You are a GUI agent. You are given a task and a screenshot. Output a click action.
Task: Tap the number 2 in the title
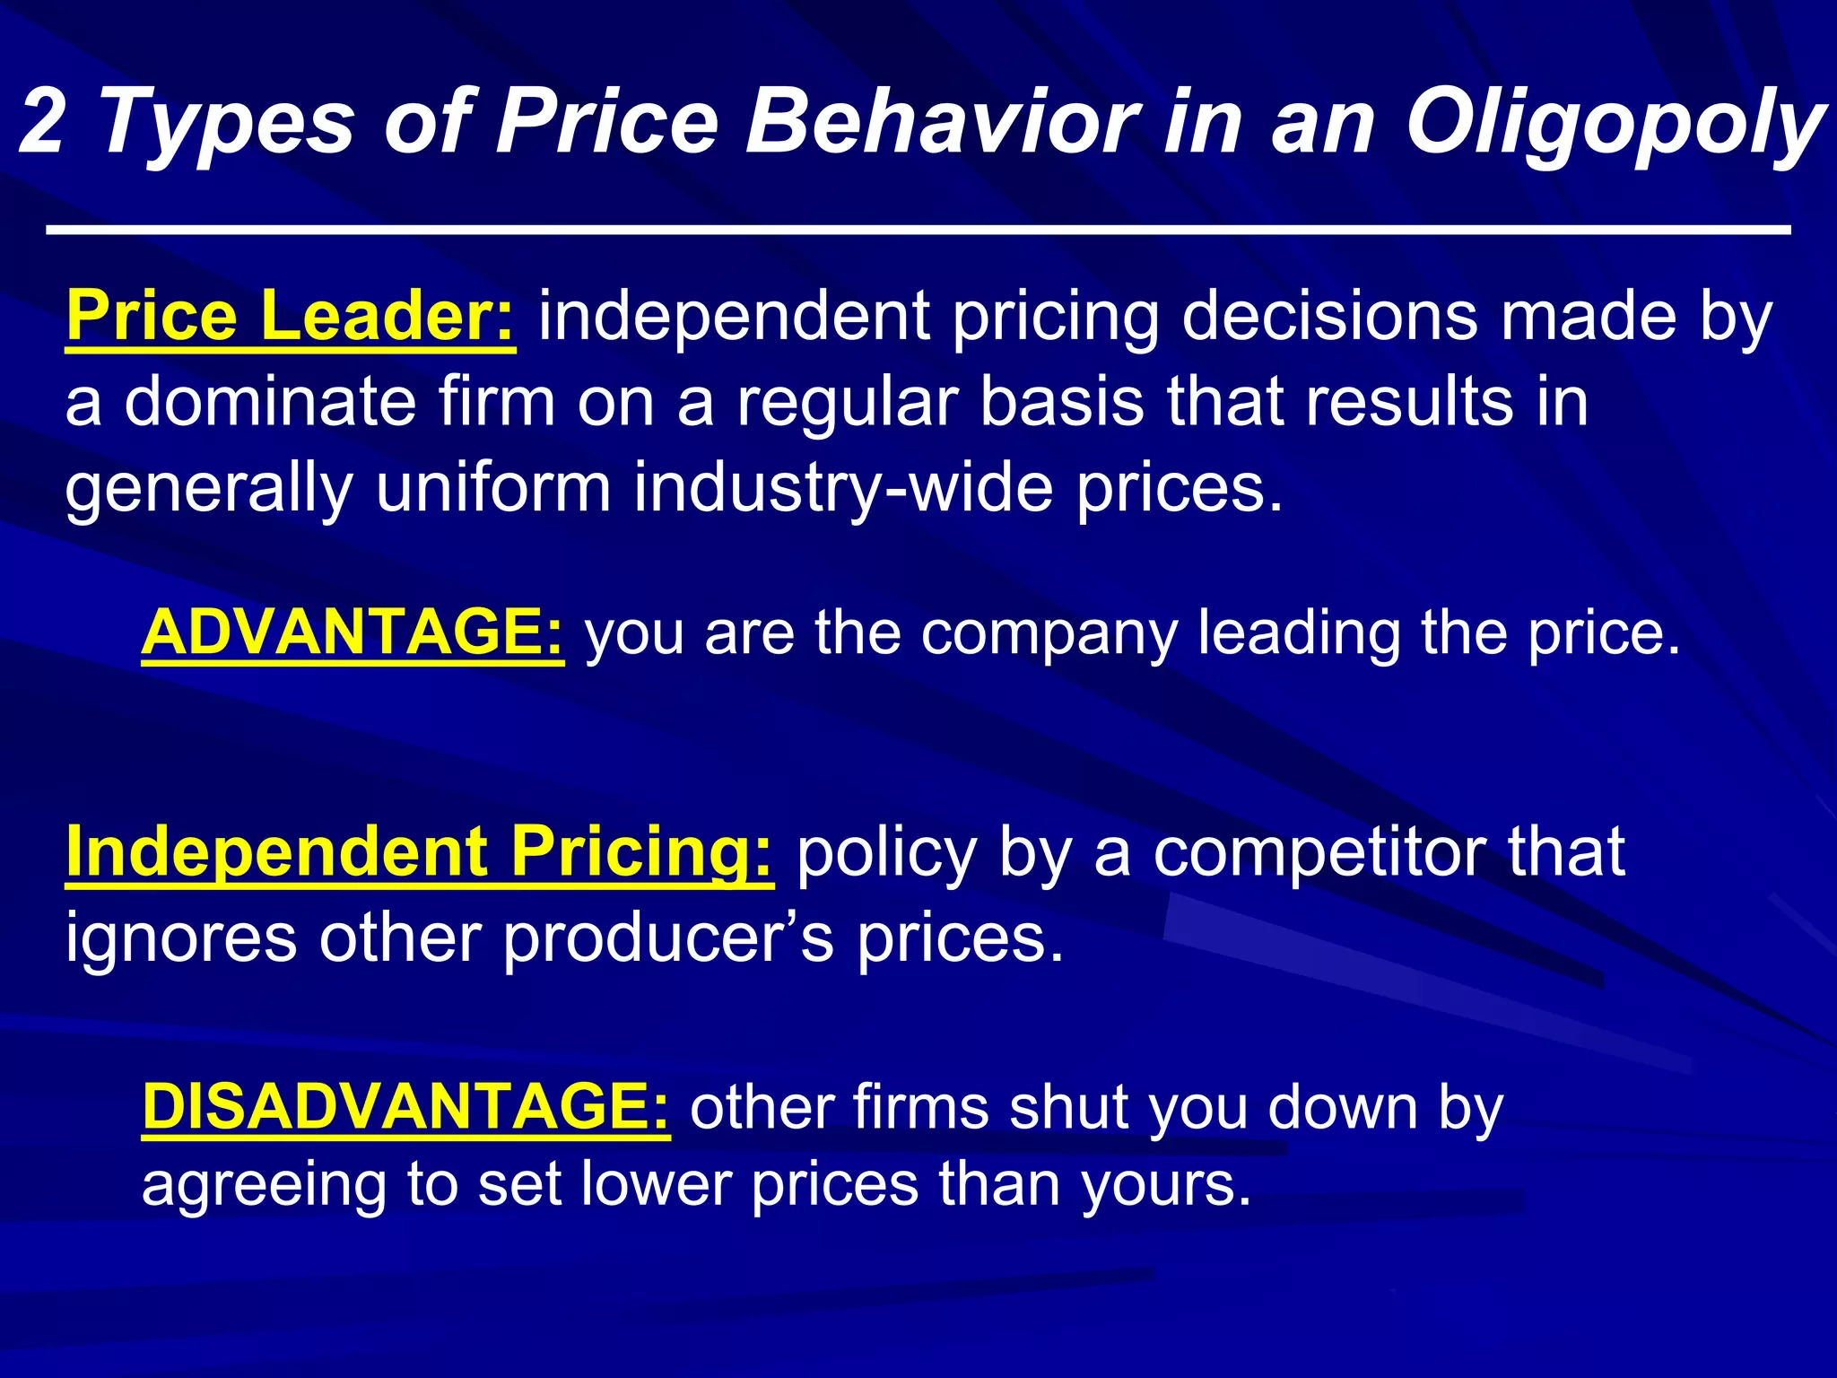(x=43, y=121)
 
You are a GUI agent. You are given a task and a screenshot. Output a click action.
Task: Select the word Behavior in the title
(x=942, y=121)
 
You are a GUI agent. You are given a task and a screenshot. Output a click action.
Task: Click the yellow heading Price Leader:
(x=291, y=316)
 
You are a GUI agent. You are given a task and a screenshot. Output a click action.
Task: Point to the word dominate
(x=270, y=401)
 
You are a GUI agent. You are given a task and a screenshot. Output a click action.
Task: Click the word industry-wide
(x=843, y=486)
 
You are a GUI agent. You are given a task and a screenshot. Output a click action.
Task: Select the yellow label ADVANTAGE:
(x=353, y=632)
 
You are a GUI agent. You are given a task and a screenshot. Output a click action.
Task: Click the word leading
(x=1298, y=633)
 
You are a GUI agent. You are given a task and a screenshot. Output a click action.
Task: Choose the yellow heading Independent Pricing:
(x=419, y=851)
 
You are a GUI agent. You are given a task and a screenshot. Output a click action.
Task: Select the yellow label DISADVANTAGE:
(x=405, y=1106)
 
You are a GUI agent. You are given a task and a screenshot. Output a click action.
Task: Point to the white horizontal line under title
(x=918, y=231)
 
